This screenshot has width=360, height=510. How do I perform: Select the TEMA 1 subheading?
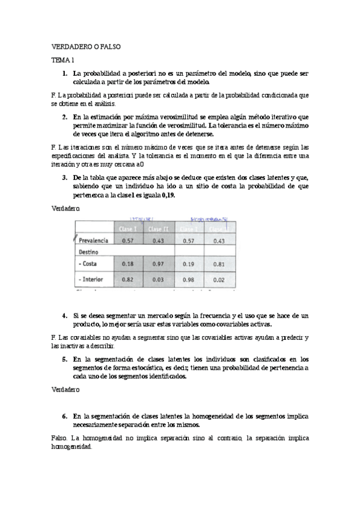(x=63, y=61)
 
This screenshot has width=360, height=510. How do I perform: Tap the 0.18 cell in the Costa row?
(x=127, y=263)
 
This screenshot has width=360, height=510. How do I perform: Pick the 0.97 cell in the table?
(x=157, y=263)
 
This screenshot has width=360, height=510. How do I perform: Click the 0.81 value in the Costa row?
(x=219, y=263)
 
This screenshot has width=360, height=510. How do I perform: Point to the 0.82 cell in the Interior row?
(x=127, y=280)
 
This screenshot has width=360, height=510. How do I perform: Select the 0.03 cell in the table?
(x=157, y=280)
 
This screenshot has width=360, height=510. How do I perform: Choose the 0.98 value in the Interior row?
(x=189, y=280)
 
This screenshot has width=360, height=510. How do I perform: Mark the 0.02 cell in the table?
(x=219, y=280)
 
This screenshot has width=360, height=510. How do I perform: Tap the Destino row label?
(x=88, y=251)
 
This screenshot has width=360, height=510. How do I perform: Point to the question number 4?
(x=64, y=316)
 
